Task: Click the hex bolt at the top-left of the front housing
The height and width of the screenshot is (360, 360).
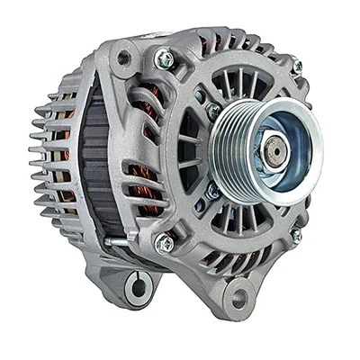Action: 165,59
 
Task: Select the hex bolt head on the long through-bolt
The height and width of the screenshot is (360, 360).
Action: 165,243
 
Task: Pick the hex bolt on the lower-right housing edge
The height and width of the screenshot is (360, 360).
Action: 295,235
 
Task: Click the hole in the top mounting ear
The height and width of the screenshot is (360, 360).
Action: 122,58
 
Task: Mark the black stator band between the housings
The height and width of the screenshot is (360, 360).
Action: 90,162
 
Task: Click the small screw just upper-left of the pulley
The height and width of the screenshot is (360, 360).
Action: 213,111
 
